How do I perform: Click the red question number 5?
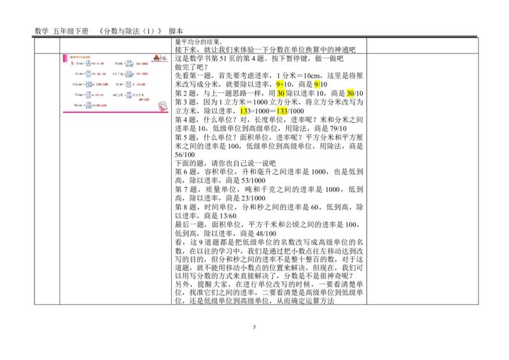(x=73, y=64)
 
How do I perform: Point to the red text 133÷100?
(x=102, y=84)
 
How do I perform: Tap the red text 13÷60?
(x=141, y=84)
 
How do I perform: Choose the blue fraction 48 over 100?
(x=128, y=94)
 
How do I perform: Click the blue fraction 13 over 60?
(x=128, y=84)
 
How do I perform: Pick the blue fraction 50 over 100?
(x=88, y=104)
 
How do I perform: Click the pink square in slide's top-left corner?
(x=64, y=58)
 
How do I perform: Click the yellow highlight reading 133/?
(x=282, y=111)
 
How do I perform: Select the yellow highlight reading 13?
(x=244, y=111)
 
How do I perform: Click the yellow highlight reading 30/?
(x=351, y=93)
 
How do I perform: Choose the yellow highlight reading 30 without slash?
(x=281, y=93)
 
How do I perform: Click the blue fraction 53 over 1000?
(x=129, y=64)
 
